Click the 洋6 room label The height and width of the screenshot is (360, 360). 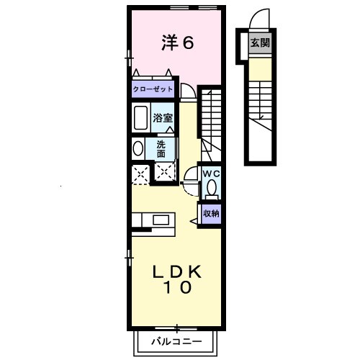[177, 43]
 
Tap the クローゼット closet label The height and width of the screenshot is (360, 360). [153, 90]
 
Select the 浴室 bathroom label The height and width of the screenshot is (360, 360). [161, 117]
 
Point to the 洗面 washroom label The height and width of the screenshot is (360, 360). [161, 148]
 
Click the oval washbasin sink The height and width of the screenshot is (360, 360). [138, 149]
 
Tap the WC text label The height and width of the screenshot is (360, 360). [210, 174]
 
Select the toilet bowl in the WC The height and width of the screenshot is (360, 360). [211, 189]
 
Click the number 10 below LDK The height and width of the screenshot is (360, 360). [176, 289]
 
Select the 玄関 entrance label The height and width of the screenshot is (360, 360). [260, 43]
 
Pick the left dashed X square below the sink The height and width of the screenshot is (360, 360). [140, 172]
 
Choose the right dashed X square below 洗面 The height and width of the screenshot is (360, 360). [165, 171]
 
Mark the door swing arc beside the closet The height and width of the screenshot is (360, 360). [187, 91]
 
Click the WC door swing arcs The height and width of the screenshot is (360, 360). [191, 177]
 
